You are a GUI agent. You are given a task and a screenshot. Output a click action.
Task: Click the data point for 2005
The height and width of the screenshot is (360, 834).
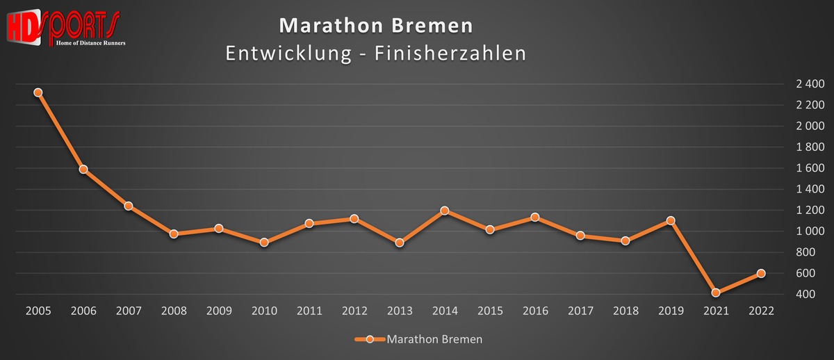pyautogui.click(x=38, y=92)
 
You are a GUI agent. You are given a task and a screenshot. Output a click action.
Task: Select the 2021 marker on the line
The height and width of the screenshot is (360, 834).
pyautogui.click(x=716, y=293)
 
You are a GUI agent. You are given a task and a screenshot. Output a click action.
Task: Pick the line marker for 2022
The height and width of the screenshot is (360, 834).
pyautogui.click(x=761, y=273)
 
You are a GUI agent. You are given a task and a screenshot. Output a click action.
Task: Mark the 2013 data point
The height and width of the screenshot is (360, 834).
pyautogui.click(x=400, y=243)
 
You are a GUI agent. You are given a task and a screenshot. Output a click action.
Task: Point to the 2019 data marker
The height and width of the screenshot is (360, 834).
pyautogui.click(x=671, y=220)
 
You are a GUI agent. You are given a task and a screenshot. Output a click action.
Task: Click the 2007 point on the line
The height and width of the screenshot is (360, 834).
pyautogui.click(x=129, y=206)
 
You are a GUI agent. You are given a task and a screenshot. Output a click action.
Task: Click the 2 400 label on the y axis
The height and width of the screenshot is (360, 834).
pyautogui.click(x=810, y=84)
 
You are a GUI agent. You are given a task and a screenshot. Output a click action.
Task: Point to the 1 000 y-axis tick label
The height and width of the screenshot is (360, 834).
pyautogui.click(x=810, y=231)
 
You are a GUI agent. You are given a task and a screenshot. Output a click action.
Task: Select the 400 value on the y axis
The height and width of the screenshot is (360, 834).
pyautogui.click(x=815, y=295)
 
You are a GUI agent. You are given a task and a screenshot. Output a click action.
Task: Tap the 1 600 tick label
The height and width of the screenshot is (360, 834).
pyautogui.click(x=810, y=168)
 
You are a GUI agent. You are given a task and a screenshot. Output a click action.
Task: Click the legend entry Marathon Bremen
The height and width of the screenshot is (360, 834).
pyautogui.click(x=434, y=340)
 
